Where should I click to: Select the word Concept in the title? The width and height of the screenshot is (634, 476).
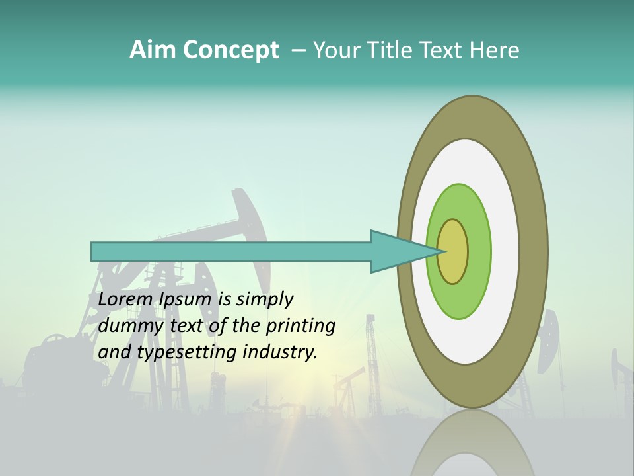click(x=230, y=50)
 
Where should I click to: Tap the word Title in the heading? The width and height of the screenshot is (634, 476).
click(x=394, y=50)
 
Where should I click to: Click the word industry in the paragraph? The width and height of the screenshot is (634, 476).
click(x=280, y=352)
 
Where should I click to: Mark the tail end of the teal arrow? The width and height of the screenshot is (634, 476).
click(x=96, y=251)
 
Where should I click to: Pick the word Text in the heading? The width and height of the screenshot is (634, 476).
click(x=444, y=50)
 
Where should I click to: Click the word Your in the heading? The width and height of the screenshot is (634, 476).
click(x=335, y=50)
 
